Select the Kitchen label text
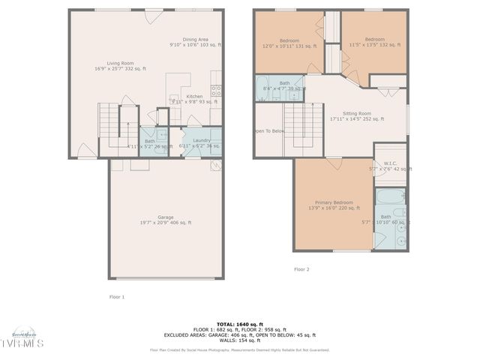tap(194, 97)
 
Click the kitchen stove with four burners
tap(216, 91)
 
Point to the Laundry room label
tap(201, 140)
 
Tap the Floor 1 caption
tap(116, 296)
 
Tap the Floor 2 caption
tap(301, 268)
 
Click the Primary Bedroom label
tap(334, 203)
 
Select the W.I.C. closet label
tap(390, 163)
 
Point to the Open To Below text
tap(268, 130)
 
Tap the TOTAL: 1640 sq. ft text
tap(240, 323)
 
